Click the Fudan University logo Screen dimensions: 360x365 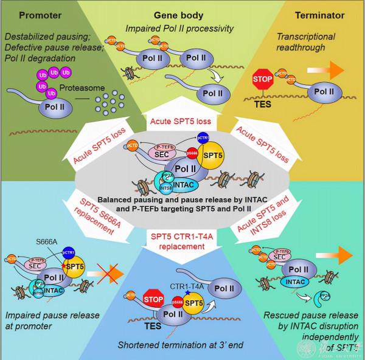tap(345, 347)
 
